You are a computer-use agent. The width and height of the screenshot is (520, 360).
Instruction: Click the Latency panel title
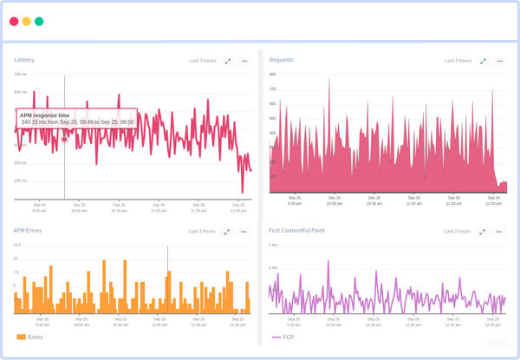(x=25, y=60)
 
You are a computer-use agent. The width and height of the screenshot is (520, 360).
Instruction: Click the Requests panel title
(x=282, y=60)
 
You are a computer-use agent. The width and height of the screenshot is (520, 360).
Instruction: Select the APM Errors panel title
(x=29, y=231)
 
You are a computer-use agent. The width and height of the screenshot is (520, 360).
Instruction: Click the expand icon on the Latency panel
(x=228, y=61)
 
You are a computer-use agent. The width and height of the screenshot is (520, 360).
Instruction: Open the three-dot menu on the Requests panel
(x=499, y=61)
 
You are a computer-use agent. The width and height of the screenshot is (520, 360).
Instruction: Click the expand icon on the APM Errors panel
(x=228, y=232)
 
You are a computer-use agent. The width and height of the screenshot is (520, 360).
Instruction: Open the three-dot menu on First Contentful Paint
(x=499, y=232)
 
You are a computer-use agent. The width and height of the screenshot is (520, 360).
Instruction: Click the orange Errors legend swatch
(x=21, y=337)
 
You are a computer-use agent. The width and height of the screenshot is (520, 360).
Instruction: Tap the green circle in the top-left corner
(x=39, y=21)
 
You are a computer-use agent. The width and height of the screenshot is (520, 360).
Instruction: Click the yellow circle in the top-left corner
(x=27, y=21)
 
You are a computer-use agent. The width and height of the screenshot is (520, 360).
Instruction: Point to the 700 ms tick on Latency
(x=20, y=75)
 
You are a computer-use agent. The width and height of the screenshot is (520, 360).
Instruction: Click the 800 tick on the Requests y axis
(x=273, y=75)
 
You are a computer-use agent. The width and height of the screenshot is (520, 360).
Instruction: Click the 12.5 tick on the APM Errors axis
(x=16, y=245)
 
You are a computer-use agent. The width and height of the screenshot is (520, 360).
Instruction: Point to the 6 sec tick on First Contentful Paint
(x=273, y=245)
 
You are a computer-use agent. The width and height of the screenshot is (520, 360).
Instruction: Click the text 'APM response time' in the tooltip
(x=44, y=115)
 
